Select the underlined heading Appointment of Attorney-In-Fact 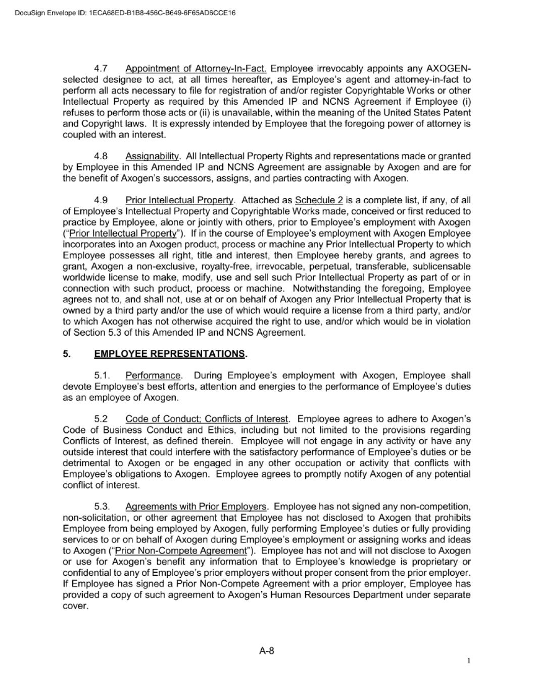click(196, 68)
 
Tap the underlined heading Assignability click(152, 156)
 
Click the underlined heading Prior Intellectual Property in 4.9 click(179, 200)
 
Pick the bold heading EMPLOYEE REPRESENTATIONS click(170, 354)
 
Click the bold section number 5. click(66, 354)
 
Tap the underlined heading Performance click(153, 376)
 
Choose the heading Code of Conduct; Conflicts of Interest click(207, 419)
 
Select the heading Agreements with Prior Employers click(196, 507)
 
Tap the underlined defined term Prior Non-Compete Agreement click(180, 550)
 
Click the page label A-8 click(266, 651)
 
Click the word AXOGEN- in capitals click(448, 68)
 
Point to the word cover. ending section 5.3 click(75, 606)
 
